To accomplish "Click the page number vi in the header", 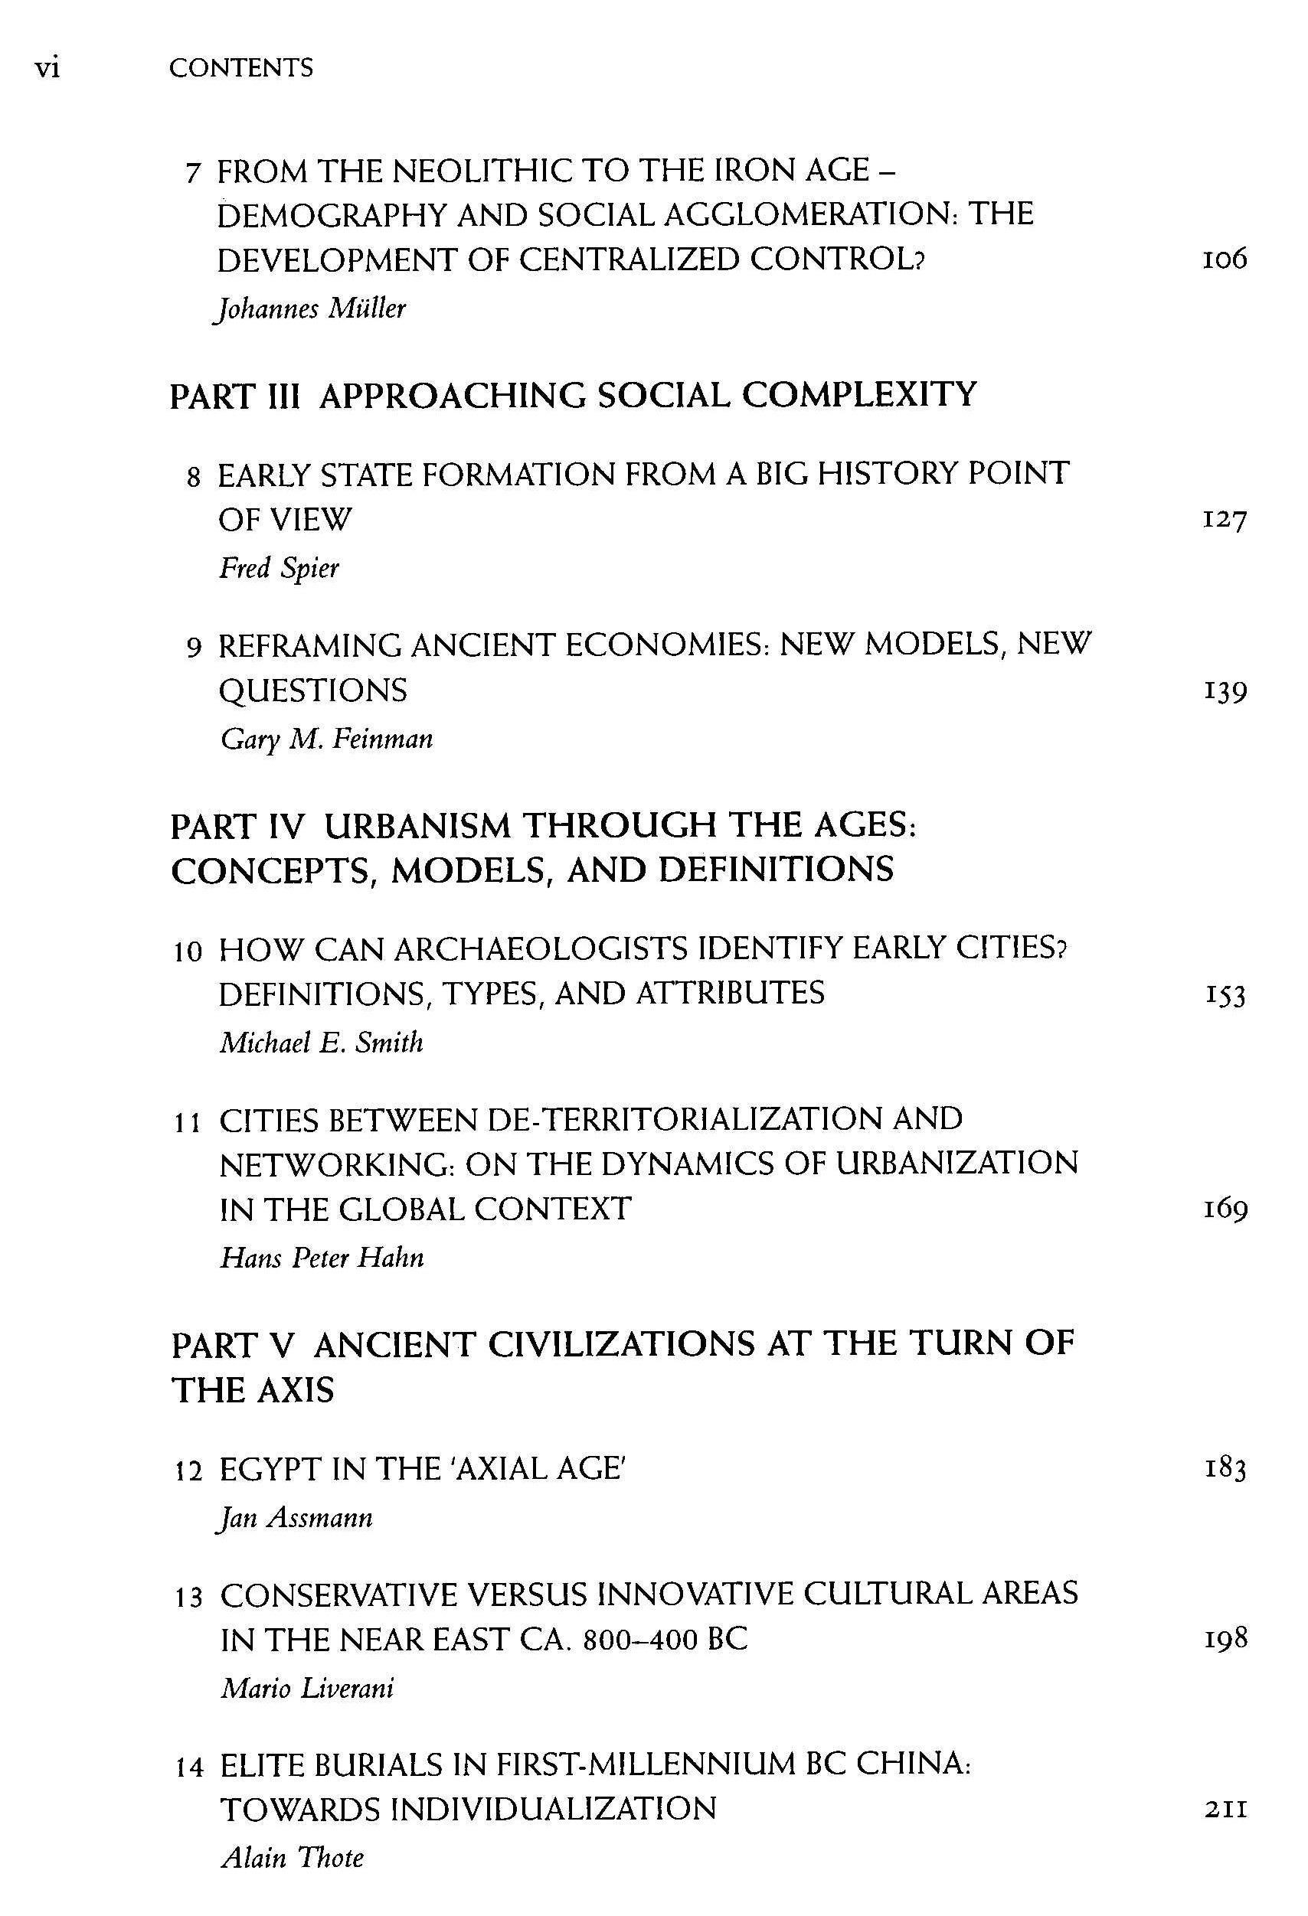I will coord(47,67).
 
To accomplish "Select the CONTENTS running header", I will coord(240,67).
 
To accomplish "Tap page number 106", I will coord(1224,259).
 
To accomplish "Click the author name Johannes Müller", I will coord(310,309).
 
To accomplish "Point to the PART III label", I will coord(234,397).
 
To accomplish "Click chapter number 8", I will coord(194,478).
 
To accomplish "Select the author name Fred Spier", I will coord(279,568).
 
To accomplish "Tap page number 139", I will coord(1224,691).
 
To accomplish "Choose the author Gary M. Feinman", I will coord(325,739).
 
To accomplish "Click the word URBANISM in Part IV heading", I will coord(417,826).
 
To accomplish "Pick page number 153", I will coord(1224,995).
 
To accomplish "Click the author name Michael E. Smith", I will coord(321,1043).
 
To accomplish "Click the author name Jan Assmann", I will coord(293,1518).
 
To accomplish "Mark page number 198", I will coord(1224,1639).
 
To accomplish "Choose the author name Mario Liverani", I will coord(307,1689).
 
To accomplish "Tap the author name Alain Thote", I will coord(292,1859).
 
